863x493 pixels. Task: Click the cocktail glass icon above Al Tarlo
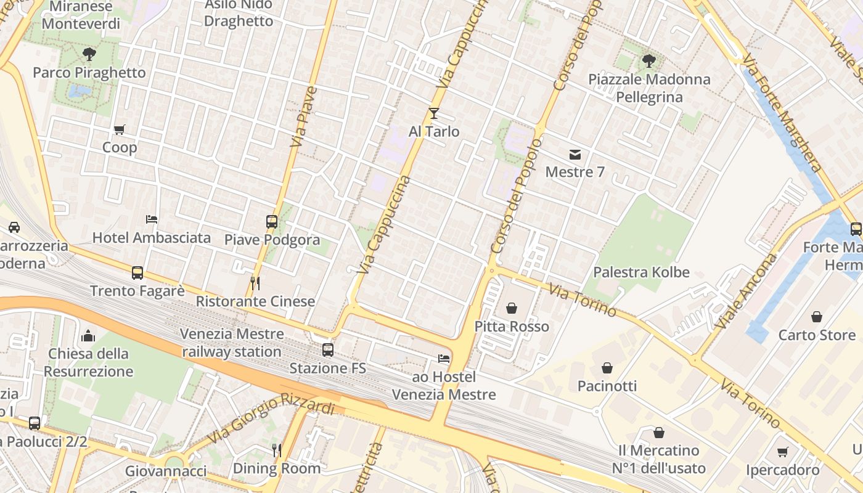(434, 113)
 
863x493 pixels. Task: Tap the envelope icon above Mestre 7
(575, 154)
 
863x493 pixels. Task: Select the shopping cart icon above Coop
(120, 129)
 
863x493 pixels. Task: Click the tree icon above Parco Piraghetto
(89, 54)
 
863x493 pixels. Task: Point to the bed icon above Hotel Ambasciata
(152, 219)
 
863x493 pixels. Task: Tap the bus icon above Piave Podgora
(272, 222)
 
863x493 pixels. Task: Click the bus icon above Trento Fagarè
(137, 272)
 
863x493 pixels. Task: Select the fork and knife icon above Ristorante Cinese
(255, 283)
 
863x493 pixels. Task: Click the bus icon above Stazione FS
(328, 350)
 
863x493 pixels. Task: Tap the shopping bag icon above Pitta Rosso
(512, 308)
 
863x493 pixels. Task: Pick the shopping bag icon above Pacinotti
(607, 368)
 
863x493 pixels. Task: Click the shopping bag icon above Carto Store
(817, 317)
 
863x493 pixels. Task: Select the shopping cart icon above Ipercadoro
(783, 452)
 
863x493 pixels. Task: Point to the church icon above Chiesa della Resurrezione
(88, 336)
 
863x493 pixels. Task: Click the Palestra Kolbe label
(641, 272)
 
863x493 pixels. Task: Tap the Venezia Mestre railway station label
(232, 343)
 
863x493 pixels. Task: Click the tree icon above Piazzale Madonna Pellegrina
(648, 60)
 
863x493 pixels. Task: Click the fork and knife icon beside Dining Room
(277, 450)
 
